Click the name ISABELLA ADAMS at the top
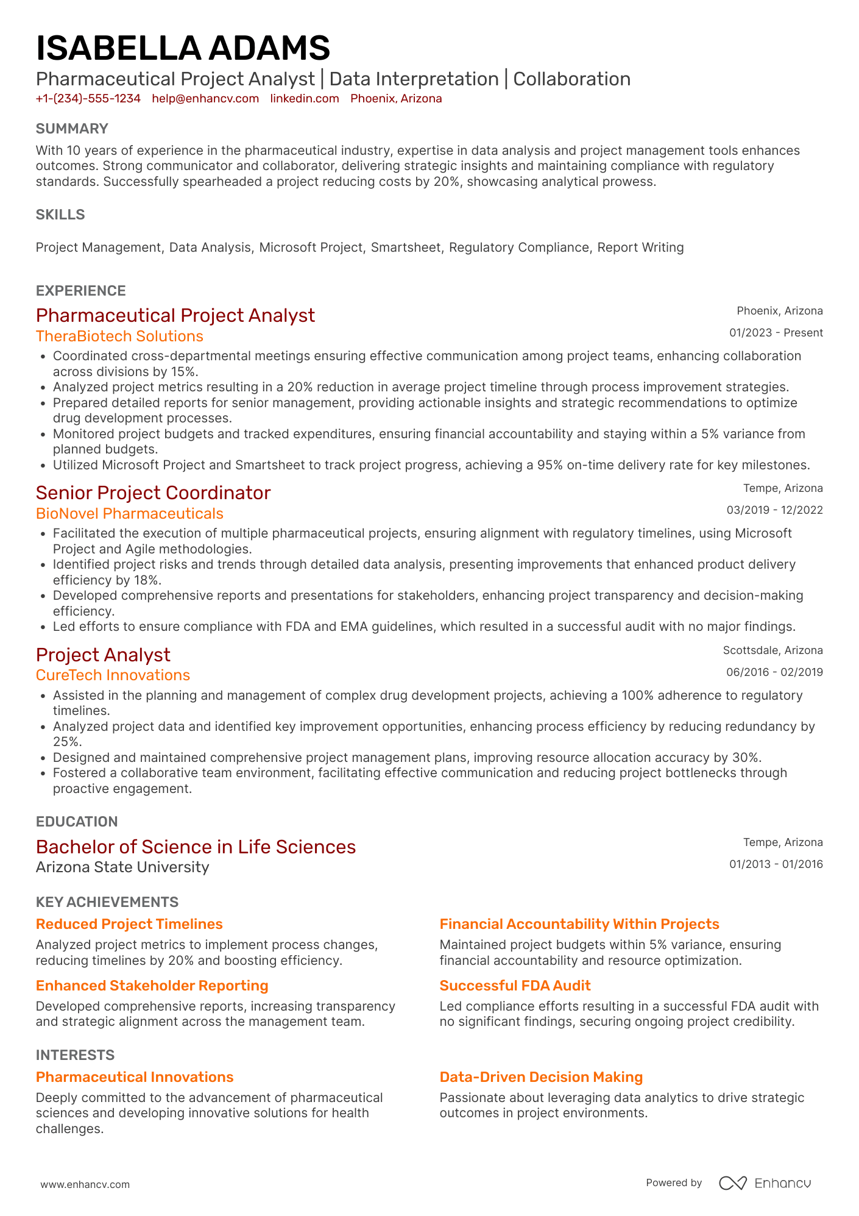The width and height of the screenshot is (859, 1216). click(183, 49)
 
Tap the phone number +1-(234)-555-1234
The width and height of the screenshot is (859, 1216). click(88, 99)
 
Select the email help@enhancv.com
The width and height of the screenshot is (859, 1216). click(205, 99)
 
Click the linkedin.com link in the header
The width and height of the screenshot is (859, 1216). click(305, 99)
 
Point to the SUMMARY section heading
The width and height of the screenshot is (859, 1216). click(72, 129)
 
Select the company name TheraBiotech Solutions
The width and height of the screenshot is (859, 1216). click(119, 336)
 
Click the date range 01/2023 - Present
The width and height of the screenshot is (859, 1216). click(776, 333)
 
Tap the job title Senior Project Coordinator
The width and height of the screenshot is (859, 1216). click(153, 492)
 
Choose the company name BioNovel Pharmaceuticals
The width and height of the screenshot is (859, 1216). click(129, 514)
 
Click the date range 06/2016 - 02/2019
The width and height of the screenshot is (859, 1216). click(774, 672)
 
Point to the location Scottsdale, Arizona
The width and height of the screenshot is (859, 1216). click(772, 650)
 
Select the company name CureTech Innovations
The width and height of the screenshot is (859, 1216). click(113, 675)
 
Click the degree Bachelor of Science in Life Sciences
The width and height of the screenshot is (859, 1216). click(196, 847)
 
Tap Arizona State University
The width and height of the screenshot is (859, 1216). click(122, 867)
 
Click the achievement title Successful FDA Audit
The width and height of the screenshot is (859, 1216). click(515, 986)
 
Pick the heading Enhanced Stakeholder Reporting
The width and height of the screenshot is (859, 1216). click(152, 986)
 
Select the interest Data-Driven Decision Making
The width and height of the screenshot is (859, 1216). click(541, 1077)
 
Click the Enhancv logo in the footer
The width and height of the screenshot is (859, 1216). click(765, 1183)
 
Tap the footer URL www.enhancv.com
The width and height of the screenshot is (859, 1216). click(85, 1184)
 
